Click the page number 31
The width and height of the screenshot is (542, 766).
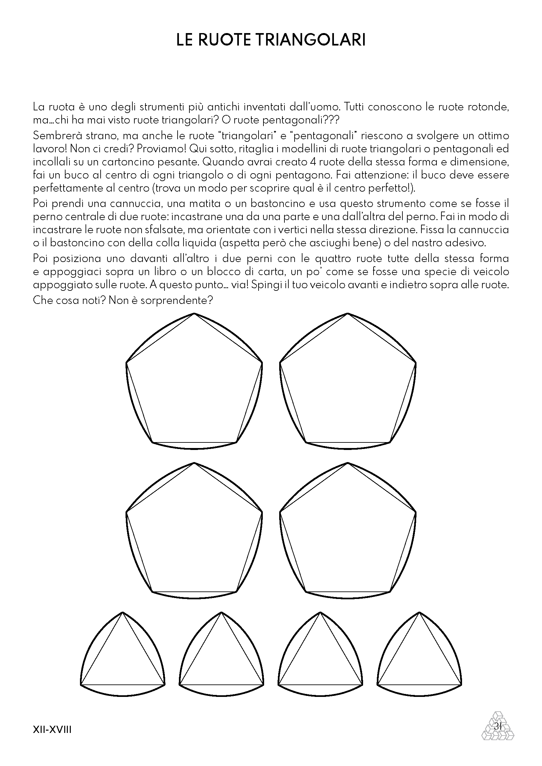tap(498, 726)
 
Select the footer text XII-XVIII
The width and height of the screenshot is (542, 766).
tap(52, 730)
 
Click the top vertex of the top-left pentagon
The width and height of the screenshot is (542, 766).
tap(194, 314)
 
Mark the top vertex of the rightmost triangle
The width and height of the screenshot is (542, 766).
tap(419, 612)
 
